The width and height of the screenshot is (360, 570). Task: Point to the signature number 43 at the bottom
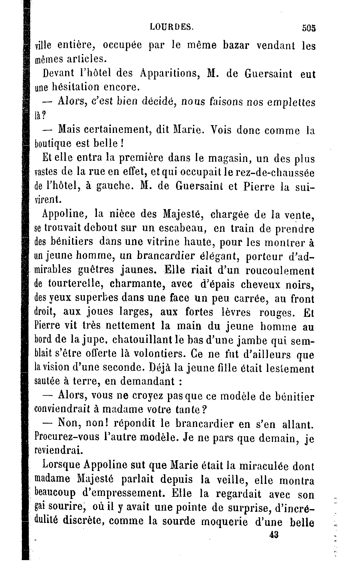(x=274, y=535)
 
